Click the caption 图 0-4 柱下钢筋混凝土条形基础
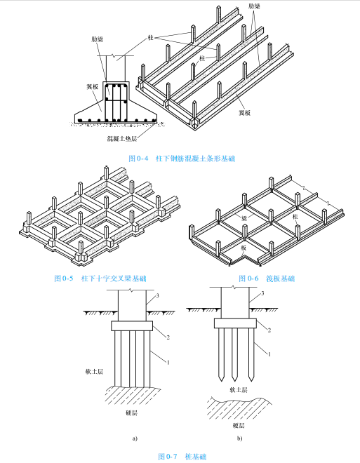[x=182, y=159]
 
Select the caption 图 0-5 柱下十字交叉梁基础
[x=100, y=279]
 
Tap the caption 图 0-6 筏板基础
[x=267, y=279]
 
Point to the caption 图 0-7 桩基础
[x=182, y=457]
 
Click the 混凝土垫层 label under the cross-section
[x=122, y=138]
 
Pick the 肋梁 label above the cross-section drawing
[x=97, y=39]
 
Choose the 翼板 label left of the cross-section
[x=92, y=87]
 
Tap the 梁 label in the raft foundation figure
[x=244, y=218]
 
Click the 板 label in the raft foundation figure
[x=244, y=248]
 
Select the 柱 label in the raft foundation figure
[x=295, y=217]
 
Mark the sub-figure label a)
[x=135, y=438]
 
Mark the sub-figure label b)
[x=239, y=438]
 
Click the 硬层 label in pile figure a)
[x=132, y=412]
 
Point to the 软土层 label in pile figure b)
[x=239, y=390]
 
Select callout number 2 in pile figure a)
[x=168, y=337]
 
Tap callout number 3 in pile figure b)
[x=262, y=293]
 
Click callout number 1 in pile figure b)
[x=269, y=354]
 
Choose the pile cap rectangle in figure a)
[x=132, y=326]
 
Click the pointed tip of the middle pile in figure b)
[x=235, y=381]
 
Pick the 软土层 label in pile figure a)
[x=94, y=372]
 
